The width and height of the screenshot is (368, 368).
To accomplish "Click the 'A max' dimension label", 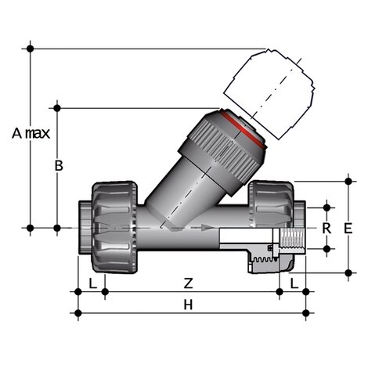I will pos(31,133).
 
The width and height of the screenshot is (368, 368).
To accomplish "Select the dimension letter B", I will pos(56,165).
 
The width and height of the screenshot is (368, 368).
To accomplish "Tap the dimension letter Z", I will pos(188,281).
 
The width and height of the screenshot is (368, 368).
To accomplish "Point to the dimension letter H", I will pos(188,305).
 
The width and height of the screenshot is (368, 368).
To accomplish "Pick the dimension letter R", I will pos(327,228).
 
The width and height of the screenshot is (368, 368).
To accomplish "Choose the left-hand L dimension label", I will pos(92,281).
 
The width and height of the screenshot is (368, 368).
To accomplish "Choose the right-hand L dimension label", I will pos(294,281).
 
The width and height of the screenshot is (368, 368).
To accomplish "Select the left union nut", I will pos(115,228).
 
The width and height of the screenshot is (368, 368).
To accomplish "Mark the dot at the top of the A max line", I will pos(31,49).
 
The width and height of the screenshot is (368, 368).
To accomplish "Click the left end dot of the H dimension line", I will pos(78,314).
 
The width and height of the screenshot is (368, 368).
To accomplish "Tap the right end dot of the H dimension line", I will pos(305,314).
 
